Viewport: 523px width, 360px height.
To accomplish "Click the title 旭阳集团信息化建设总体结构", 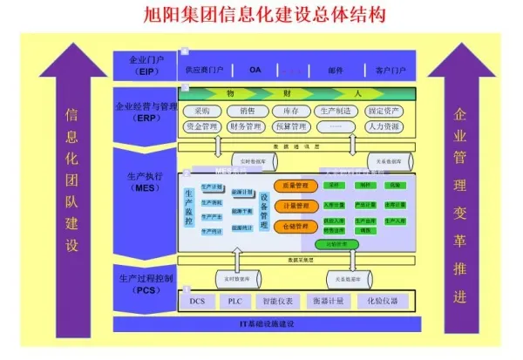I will click(x=262, y=16).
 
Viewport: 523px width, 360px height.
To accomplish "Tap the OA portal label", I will click(x=255, y=69).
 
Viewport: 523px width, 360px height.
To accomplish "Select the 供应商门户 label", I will click(x=205, y=69).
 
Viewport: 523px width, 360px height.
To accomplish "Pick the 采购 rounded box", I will click(x=202, y=111).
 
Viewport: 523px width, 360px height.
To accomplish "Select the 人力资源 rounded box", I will click(x=384, y=127).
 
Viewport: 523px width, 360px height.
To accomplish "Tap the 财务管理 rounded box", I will click(x=246, y=127).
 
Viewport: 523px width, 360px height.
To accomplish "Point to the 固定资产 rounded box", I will click(x=384, y=111).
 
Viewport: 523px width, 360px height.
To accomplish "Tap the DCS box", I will click(x=197, y=302).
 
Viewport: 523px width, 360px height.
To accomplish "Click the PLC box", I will click(x=235, y=302).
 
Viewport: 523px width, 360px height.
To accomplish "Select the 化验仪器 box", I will click(x=381, y=302).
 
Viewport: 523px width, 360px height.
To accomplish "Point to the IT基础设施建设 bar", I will click(x=268, y=324).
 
